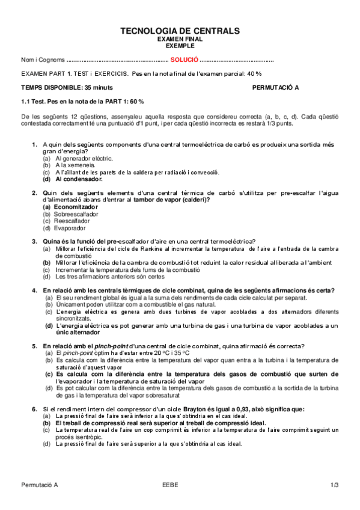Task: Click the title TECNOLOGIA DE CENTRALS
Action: click(180, 31)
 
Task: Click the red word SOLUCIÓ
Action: click(185, 60)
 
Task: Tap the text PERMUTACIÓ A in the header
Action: click(275, 87)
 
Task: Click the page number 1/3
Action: click(335, 485)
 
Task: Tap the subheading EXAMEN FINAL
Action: click(180, 38)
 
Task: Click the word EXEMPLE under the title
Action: click(180, 45)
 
